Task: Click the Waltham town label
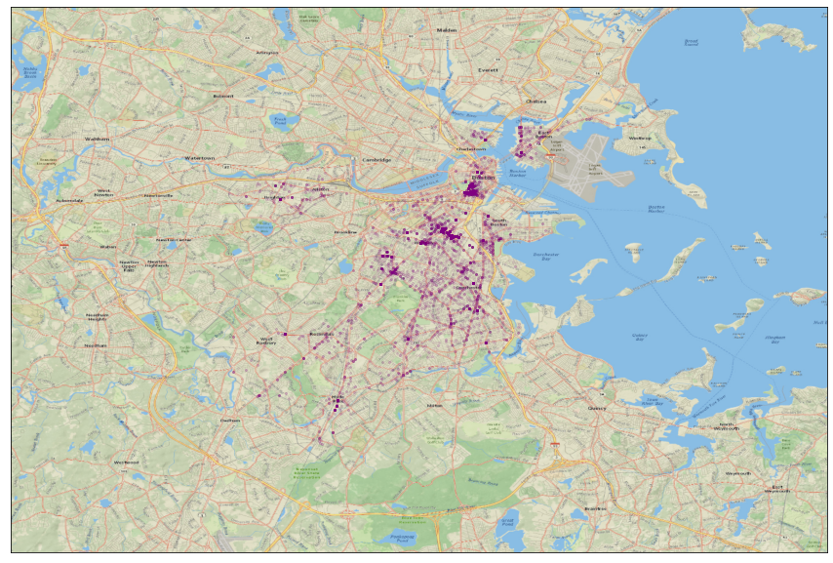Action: pyautogui.click(x=97, y=139)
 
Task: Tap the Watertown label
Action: pyautogui.click(x=200, y=157)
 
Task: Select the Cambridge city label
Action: pyautogui.click(x=377, y=160)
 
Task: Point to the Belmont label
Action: pyautogui.click(x=223, y=96)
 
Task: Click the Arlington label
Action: pyautogui.click(x=266, y=52)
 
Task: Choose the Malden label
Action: pyautogui.click(x=448, y=30)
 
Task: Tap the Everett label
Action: pyautogui.click(x=488, y=70)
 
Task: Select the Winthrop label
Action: pyautogui.click(x=640, y=139)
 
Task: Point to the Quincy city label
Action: pyautogui.click(x=596, y=408)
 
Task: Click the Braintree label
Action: pyautogui.click(x=595, y=508)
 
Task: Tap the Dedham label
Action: pyautogui.click(x=230, y=420)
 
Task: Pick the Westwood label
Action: pyautogui.click(x=126, y=462)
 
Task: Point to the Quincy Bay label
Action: pyautogui.click(x=640, y=338)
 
